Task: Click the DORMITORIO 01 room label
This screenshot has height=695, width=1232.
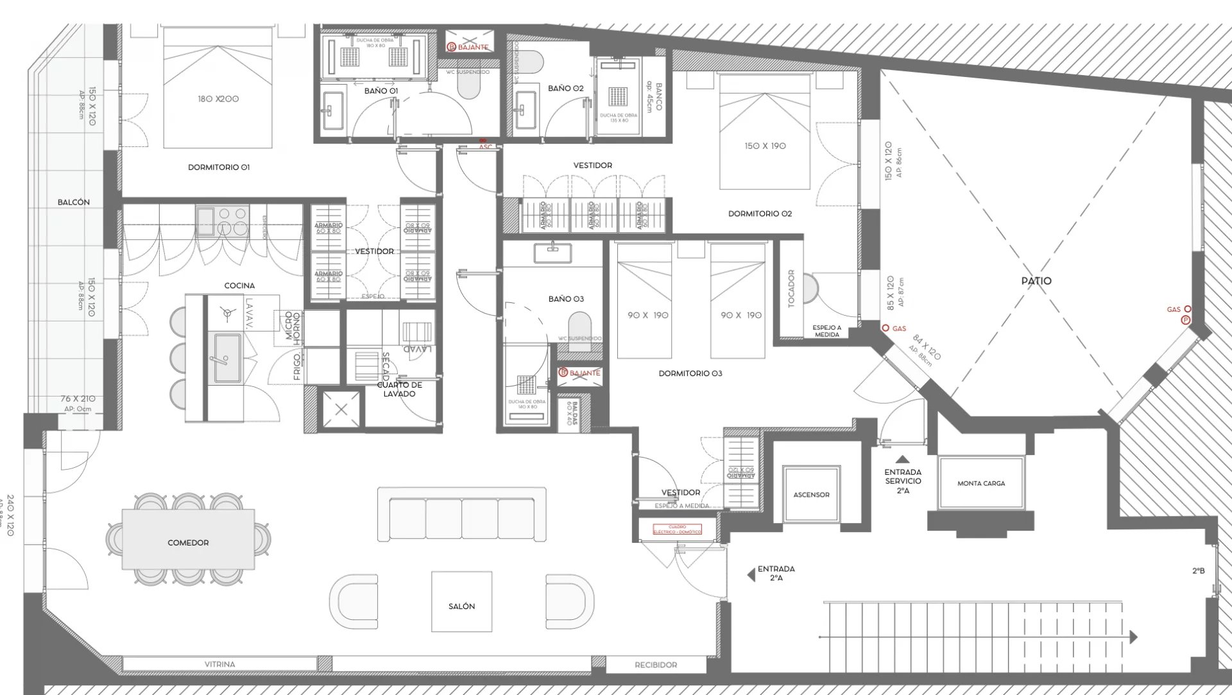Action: tap(218, 167)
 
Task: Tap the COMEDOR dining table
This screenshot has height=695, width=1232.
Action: tap(188, 539)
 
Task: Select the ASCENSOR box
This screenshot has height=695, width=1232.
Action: tap(811, 494)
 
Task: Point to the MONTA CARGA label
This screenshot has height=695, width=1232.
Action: tap(980, 483)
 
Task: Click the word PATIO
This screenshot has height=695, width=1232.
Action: tap(1036, 281)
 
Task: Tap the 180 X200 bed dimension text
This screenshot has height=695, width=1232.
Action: tap(218, 99)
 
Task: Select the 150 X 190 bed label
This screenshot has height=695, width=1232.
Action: tap(765, 146)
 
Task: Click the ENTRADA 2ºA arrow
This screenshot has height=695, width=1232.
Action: tap(751, 574)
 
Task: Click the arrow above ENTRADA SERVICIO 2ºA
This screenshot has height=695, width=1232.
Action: tap(903, 459)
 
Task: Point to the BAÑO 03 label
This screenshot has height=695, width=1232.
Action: tap(566, 299)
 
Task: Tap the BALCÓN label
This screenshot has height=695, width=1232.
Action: tap(74, 202)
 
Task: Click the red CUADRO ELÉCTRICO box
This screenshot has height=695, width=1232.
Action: tap(677, 529)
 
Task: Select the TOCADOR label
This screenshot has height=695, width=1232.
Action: tap(791, 288)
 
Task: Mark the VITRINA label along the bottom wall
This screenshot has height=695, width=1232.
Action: tap(219, 664)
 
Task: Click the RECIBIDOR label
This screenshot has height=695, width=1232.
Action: tap(655, 665)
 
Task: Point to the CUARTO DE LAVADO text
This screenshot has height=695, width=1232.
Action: tap(399, 390)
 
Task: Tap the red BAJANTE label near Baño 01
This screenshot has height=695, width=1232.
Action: tap(473, 47)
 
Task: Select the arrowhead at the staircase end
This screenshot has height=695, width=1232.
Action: tap(1133, 637)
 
